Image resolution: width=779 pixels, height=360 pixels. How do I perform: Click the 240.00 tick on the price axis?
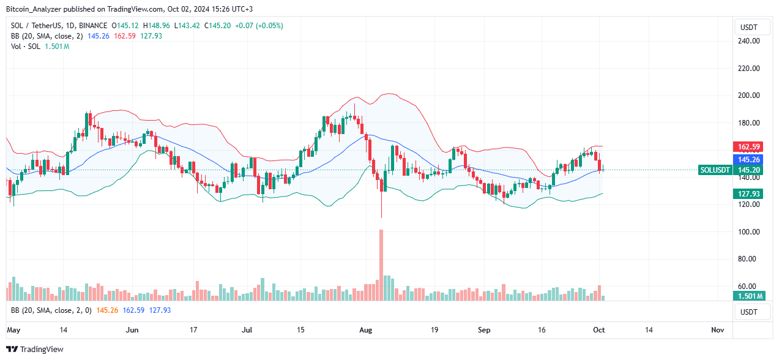point(747,41)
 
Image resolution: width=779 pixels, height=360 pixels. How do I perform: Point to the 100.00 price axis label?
point(747,231)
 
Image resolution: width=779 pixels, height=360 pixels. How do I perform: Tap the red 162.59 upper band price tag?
point(748,147)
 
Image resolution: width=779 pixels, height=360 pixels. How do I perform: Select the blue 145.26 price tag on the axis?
point(748,159)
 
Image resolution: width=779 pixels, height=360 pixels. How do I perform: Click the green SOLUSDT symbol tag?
point(715,170)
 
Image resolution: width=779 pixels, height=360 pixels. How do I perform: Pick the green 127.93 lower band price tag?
point(748,193)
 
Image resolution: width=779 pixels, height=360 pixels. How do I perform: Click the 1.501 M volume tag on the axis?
point(748,296)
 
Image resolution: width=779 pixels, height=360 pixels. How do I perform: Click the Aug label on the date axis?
point(365,330)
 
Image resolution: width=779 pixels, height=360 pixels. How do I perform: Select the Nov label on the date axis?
point(717,330)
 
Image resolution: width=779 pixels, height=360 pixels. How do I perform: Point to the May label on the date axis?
point(14,330)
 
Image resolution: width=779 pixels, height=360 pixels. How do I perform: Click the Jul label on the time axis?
point(247,330)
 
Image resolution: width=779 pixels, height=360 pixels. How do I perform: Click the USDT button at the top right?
point(748,27)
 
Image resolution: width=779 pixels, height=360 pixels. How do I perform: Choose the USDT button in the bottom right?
point(748,312)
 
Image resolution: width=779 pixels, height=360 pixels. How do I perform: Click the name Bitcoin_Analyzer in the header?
point(34,9)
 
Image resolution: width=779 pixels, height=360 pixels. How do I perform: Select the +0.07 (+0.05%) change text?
point(261,26)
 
